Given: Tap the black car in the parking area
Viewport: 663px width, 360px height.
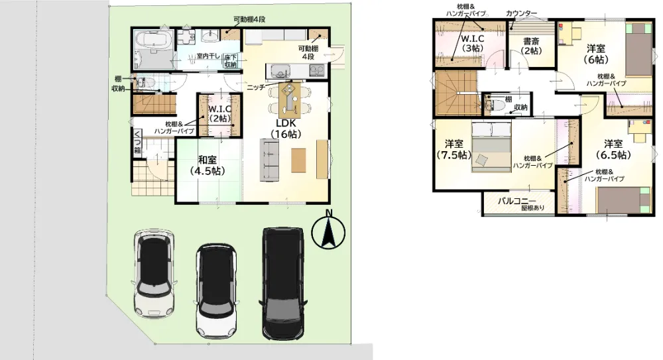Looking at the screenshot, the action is (x=283, y=284).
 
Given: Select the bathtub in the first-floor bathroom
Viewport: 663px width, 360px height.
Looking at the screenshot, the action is (x=153, y=41).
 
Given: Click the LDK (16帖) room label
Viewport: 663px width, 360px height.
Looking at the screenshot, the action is (x=286, y=129).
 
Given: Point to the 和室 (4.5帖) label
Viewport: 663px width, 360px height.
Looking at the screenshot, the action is (x=207, y=165).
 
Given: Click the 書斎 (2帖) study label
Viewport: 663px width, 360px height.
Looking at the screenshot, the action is (x=531, y=46).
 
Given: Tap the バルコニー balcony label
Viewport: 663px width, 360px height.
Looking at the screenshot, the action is (x=516, y=201).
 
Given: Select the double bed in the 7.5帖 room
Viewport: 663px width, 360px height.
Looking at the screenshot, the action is (x=491, y=147).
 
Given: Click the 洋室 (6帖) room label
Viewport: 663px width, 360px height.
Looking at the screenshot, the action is (x=596, y=54).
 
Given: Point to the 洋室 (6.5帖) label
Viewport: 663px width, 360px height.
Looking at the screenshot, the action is (x=613, y=149).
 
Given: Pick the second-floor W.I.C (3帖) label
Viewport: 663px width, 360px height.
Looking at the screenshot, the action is (x=472, y=43).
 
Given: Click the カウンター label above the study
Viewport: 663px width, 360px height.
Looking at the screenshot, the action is (x=521, y=13).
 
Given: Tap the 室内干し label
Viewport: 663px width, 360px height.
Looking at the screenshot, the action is (x=208, y=56).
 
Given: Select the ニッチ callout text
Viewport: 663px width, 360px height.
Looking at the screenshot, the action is (x=256, y=87).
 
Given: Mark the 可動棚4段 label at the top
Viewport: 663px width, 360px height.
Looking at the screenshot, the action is (x=249, y=19).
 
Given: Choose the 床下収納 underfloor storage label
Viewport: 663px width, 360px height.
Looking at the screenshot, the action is (x=231, y=60).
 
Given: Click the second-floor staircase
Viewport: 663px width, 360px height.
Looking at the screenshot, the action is (x=455, y=93).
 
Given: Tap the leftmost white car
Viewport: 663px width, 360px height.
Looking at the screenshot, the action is (x=154, y=273).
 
